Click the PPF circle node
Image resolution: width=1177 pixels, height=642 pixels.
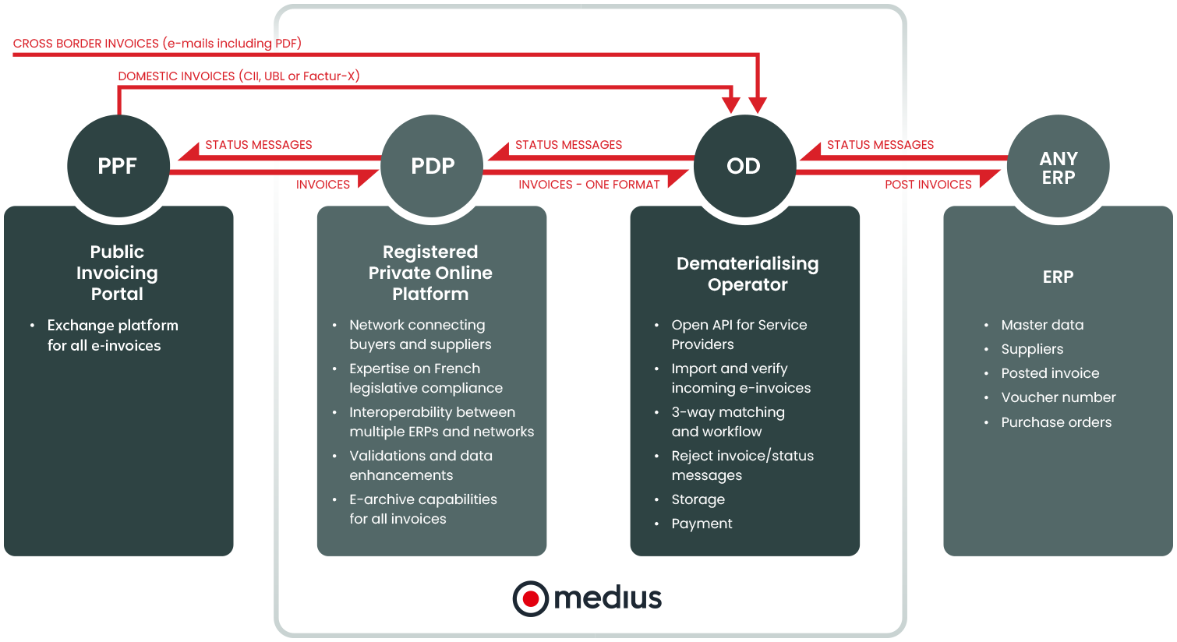click(118, 166)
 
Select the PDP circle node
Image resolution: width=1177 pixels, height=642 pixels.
click(433, 166)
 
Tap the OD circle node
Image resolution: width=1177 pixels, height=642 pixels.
click(744, 166)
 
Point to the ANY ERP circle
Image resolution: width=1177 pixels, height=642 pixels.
click(1058, 167)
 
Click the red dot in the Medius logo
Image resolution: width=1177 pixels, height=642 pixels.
click(531, 598)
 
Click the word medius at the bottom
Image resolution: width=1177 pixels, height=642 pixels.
click(608, 598)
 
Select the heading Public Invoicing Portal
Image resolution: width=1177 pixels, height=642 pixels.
click(117, 273)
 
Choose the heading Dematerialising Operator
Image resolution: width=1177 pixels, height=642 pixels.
click(748, 273)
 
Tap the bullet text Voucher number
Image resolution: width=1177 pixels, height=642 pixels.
click(1058, 397)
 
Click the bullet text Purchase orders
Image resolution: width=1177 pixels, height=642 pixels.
click(1056, 422)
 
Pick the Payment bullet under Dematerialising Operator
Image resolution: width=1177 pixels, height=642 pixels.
click(702, 524)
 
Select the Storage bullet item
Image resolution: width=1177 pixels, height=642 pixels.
click(698, 499)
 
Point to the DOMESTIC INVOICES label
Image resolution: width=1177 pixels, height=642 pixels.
click(239, 76)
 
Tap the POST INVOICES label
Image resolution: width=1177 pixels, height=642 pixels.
click(928, 185)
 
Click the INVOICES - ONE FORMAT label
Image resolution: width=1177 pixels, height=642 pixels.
click(588, 185)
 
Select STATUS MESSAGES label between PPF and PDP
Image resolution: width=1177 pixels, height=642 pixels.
click(258, 145)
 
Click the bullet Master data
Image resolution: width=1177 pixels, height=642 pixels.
click(1042, 325)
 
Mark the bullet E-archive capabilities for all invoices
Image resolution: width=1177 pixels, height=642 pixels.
click(422, 509)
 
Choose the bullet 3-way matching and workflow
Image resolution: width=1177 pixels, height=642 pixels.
click(727, 422)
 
